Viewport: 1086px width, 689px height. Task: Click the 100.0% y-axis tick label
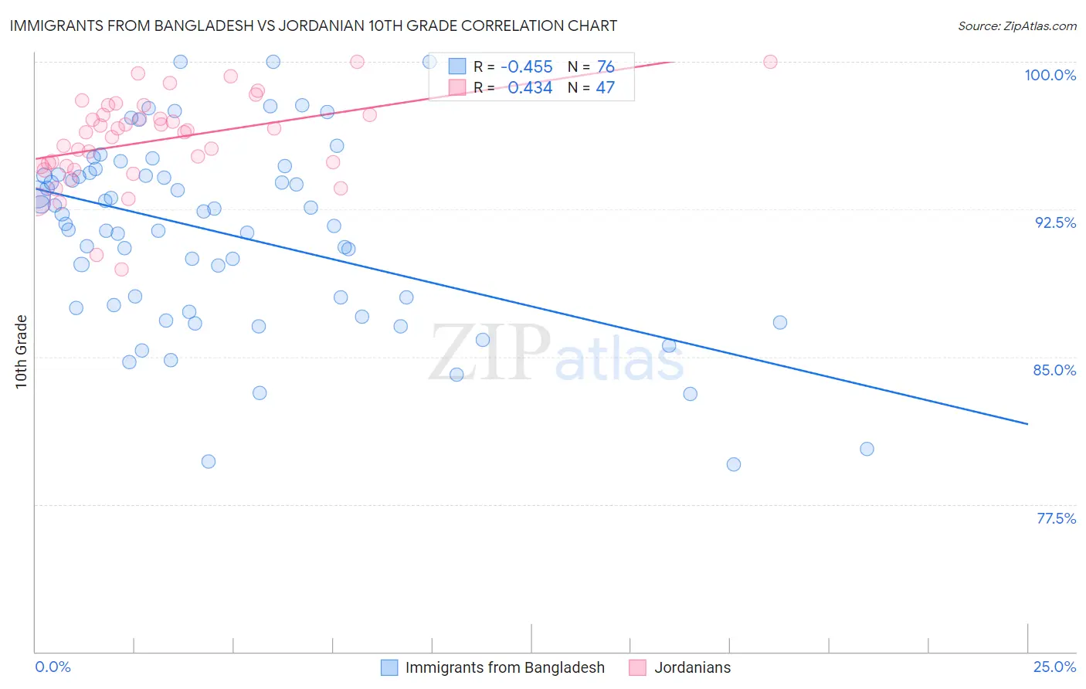click(x=1050, y=75)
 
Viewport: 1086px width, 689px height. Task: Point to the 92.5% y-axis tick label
click(x=1055, y=222)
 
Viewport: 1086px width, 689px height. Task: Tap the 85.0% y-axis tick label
click(x=1054, y=370)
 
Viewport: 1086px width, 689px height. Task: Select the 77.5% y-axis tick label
click(x=1056, y=518)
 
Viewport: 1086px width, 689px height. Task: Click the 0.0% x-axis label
click(x=53, y=667)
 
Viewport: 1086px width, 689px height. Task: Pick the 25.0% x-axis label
click(x=1054, y=667)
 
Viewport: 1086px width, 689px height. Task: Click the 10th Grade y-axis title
click(x=22, y=351)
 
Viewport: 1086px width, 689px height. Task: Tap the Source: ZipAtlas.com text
click(x=1016, y=26)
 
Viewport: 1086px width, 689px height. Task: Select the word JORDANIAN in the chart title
click(x=327, y=25)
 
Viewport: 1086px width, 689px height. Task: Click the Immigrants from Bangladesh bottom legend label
click(x=504, y=667)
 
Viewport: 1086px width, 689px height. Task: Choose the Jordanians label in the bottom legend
click(x=692, y=667)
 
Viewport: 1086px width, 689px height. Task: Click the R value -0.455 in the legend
click(x=526, y=67)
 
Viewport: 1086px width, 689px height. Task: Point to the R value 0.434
click(x=530, y=88)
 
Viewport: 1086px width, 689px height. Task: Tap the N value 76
click(x=606, y=67)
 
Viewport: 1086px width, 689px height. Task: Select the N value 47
click(x=606, y=88)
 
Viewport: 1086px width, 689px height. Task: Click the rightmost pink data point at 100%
click(x=770, y=62)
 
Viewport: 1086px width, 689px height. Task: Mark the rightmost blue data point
click(x=867, y=449)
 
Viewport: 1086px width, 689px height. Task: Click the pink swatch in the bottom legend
click(x=637, y=667)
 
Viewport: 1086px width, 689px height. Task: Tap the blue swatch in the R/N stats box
click(x=457, y=67)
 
